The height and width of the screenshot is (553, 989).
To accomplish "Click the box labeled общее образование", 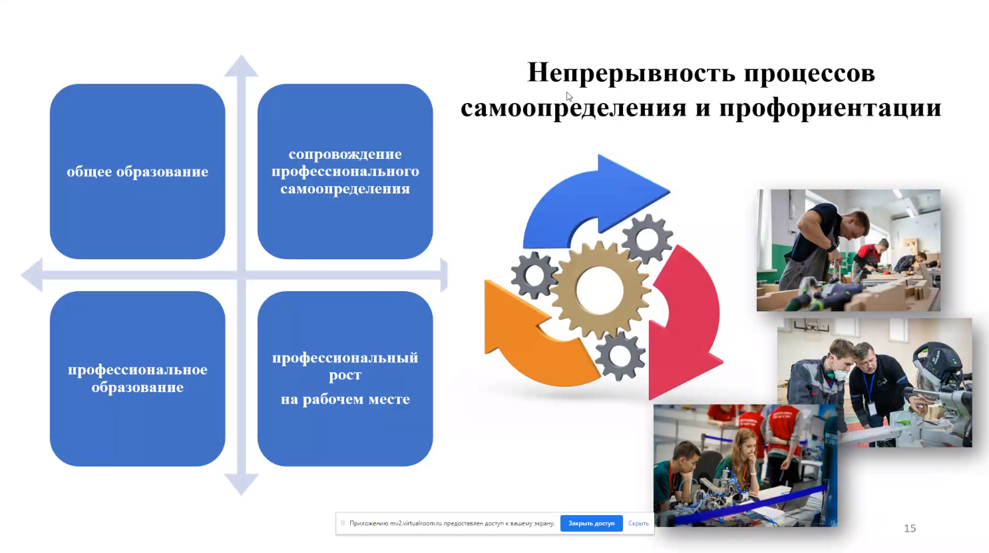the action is click(137, 171).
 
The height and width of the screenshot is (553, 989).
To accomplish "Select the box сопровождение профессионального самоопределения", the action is click(345, 171).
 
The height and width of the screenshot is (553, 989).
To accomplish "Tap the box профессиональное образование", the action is click(137, 378).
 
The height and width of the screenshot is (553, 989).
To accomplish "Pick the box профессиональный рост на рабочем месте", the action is click(345, 378).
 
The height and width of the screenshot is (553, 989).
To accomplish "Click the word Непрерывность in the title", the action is click(631, 72).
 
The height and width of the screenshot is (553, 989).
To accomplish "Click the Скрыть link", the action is click(638, 524).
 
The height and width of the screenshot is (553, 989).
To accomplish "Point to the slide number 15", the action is click(910, 528).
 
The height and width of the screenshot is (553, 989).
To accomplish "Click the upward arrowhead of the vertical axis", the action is click(241, 66).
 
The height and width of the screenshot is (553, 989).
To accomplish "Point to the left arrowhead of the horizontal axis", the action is click(32, 275).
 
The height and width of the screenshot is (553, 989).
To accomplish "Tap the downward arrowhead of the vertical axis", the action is click(241, 484).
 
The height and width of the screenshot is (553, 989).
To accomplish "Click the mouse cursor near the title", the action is click(569, 96).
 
